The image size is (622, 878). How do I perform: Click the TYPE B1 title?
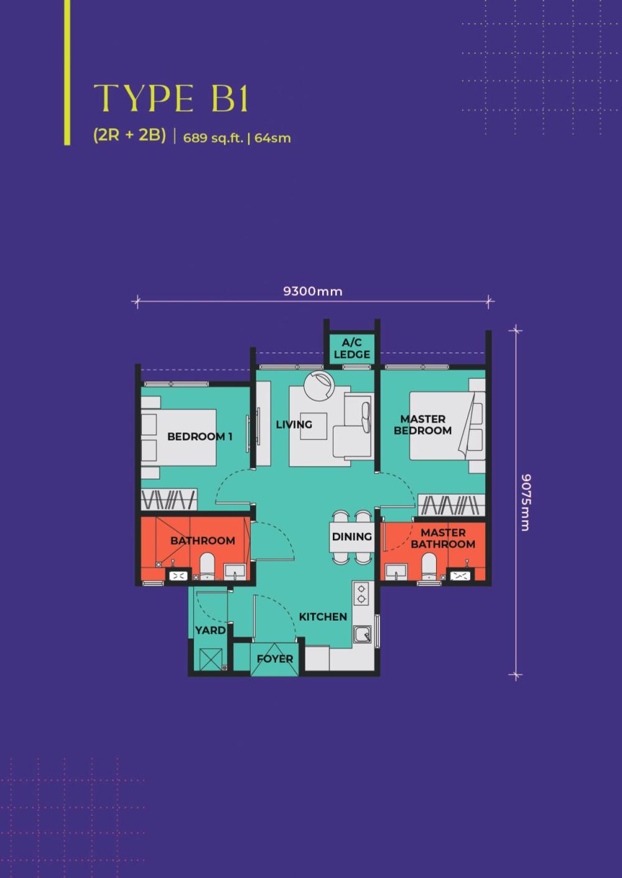coord(171,98)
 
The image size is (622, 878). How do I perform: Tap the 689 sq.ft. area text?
coord(213,139)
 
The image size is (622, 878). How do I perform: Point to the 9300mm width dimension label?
coord(313,291)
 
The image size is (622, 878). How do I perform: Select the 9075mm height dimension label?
coord(524,503)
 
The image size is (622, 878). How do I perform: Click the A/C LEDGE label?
coord(351,349)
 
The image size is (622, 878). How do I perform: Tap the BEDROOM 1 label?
coord(200,436)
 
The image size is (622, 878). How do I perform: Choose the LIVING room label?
coord(294,424)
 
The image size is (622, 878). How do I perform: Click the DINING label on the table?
coord(351,536)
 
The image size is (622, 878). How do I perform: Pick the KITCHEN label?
coord(323,616)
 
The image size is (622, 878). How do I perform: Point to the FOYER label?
coord(275,659)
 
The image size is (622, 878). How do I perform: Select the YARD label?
coord(210,630)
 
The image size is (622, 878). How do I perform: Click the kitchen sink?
coord(362,634)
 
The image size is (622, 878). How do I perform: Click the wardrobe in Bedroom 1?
coord(169,500)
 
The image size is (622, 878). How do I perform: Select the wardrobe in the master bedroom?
coord(452,505)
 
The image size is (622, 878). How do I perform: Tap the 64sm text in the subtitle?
coord(272,139)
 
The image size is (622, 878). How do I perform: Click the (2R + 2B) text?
coord(130,135)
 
